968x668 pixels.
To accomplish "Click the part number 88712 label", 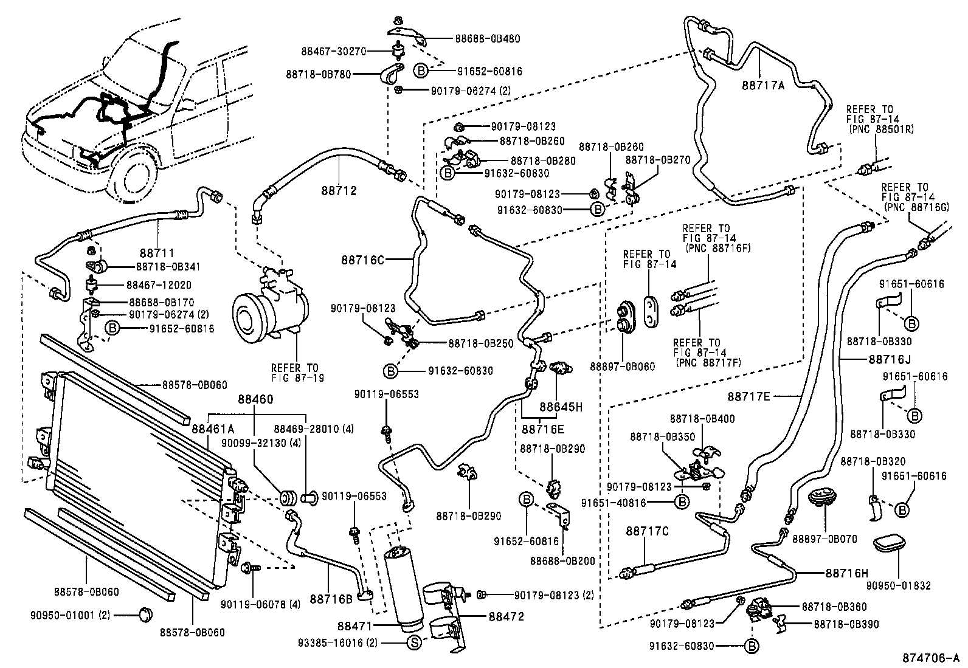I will pos(339,190).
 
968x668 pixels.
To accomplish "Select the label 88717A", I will pos(763,86).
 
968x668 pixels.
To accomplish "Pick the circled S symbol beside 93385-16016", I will pos(414,642).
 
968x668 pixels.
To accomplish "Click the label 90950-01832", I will pos(899,586).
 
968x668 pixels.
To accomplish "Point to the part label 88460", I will pos(255,399).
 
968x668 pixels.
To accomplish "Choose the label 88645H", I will pos(561,408).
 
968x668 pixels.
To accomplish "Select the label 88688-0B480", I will pos(488,39).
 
